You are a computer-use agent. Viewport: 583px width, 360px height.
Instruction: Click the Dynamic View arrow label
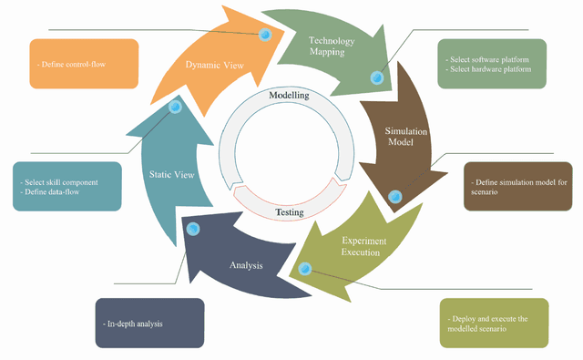click(x=215, y=66)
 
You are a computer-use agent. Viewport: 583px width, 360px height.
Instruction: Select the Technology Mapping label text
click(x=332, y=46)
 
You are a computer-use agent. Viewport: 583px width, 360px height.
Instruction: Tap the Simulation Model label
click(x=401, y=137)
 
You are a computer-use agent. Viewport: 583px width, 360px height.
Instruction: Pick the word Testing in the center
click(x=290, y=212)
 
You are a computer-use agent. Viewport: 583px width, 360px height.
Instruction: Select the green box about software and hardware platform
click(x=492, y=64)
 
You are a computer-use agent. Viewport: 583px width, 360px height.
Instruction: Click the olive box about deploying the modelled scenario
click(x=494, y=323)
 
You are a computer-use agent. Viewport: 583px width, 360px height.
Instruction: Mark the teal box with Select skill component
click(x=67, y=187)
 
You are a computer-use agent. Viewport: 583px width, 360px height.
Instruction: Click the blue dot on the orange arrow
click(x=265, y=35)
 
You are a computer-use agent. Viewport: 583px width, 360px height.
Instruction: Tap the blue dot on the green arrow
click(x=375, y=77)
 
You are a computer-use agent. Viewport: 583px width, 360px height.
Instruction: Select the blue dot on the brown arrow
click(x=394, y=196)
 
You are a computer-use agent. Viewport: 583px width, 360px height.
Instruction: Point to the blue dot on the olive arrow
click(x=305, y=268)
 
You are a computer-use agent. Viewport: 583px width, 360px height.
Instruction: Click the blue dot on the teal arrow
click(x=176, y=107)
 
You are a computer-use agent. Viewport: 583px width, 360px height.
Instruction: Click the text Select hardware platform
click(x=488, y=70)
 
